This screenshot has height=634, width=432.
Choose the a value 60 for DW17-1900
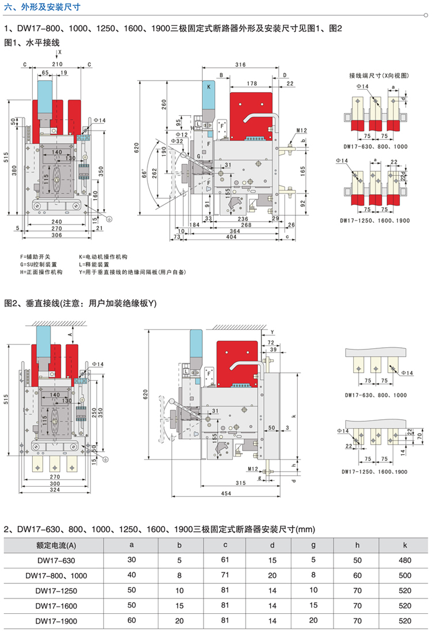(x=131, y=621)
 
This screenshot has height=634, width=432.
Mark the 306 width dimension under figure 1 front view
(x=55, y=236)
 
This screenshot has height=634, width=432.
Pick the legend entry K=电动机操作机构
(x=103, y=256)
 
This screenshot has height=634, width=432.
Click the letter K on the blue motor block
(x=209, y=86)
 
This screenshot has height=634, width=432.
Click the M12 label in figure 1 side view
(x=302, y=131)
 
